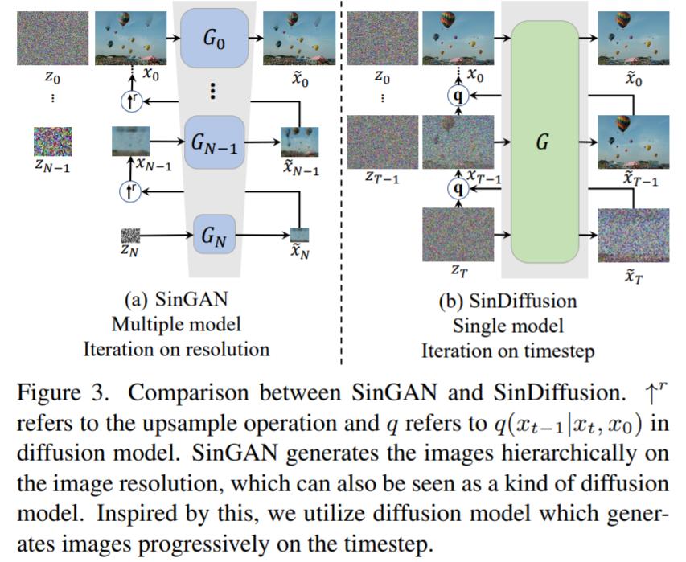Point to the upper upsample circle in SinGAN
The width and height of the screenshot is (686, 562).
click(129, 102)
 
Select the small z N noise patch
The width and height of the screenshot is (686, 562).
click(130, 235)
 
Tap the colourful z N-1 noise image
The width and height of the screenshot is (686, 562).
click(52, 142)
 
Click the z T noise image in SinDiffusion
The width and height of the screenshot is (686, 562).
click(457, 234)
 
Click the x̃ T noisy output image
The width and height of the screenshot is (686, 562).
click(634, 235)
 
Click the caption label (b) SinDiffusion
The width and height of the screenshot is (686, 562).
click(507, 302)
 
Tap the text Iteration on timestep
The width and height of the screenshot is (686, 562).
click(507, 351)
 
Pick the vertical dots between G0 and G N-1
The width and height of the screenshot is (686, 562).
click(212, 91)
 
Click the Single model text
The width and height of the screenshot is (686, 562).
click(507, 326)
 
